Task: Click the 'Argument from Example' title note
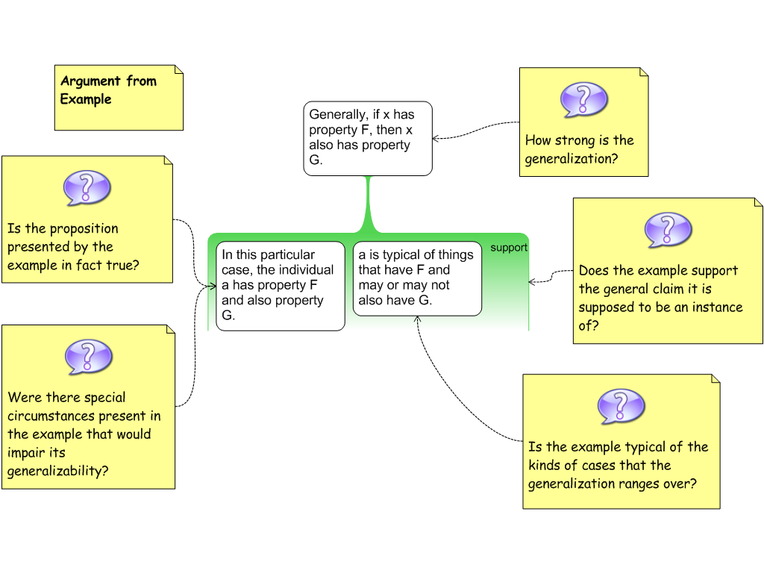[x=119, y=98]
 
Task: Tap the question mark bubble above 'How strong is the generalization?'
[x=584, y=100]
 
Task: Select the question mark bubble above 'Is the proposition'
[x=87, y=187]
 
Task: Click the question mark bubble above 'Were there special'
[x=89, y=356]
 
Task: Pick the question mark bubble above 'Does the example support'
[x=668, y=229]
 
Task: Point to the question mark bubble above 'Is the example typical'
[x=621, y=406]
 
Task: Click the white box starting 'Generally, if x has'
[x=368, y=138]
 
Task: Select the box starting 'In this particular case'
[x=281, y=285]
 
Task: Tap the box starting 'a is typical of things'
[x=417, y=278]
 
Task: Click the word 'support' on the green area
[x=509, y=248]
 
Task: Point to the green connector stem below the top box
[x=368, y=201]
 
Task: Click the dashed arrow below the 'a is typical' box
[x=418, y=324]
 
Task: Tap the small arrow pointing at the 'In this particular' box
[x=213, y=285]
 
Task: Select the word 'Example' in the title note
[x=86, y=99]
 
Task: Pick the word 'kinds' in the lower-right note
[x=545, y=466]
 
